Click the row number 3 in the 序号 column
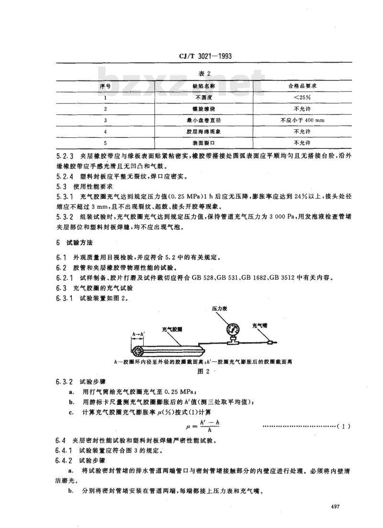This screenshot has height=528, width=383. click(105, 120)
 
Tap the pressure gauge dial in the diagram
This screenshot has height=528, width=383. click(233, 329)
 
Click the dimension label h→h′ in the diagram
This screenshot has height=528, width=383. click(139, 336)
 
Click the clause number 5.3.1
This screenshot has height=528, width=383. click(65, 209)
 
